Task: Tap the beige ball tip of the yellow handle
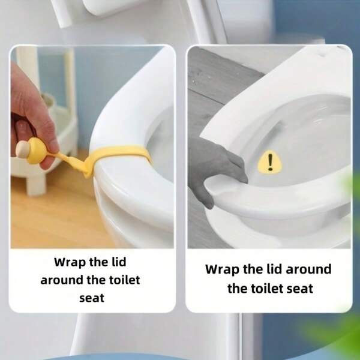(22, 149)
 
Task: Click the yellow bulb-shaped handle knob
(36, 151)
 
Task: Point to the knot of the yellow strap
(88, 169)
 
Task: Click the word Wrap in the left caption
(67, 262)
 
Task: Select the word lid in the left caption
(119, 262)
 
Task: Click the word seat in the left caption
(92, 298)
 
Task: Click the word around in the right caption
(308, 269)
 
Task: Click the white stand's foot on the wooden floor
(36, 186)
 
